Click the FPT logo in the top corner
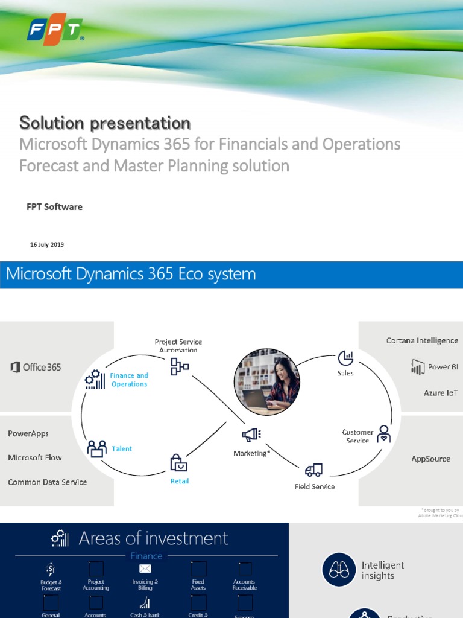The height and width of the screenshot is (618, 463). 54,30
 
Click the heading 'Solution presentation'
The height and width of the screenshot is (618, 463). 105,123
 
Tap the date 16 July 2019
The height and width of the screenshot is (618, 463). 47,245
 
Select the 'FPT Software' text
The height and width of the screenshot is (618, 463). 54,207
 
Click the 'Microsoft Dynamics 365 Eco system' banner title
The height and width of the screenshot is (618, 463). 131,274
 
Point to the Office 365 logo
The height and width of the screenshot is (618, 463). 36,367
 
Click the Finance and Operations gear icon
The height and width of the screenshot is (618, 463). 95,380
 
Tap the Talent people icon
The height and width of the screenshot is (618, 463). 96,448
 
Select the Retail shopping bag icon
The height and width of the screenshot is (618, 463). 178,463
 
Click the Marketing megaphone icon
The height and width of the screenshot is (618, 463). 251,435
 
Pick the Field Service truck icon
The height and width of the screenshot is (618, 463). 313,470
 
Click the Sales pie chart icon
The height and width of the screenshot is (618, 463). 345,358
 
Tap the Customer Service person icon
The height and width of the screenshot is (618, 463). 383,433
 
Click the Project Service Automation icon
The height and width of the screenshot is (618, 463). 179,366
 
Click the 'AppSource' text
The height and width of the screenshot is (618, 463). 430,459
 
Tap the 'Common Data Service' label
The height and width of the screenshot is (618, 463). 48,482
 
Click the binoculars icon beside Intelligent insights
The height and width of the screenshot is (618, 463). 339,570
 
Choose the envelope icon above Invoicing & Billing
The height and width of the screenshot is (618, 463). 145,569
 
